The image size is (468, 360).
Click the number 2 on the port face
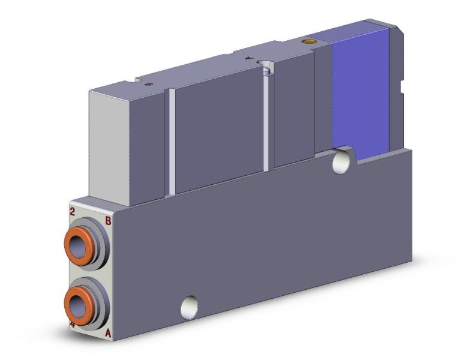coord(73,211)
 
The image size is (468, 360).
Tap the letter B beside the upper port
coord(108,221)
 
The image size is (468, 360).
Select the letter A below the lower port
coord(108,332)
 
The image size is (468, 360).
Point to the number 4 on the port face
coord(73,325)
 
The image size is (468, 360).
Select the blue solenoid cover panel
coord(360,90)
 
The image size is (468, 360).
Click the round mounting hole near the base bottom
coord(190,308)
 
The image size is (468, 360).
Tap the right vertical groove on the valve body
coord(265,120)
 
